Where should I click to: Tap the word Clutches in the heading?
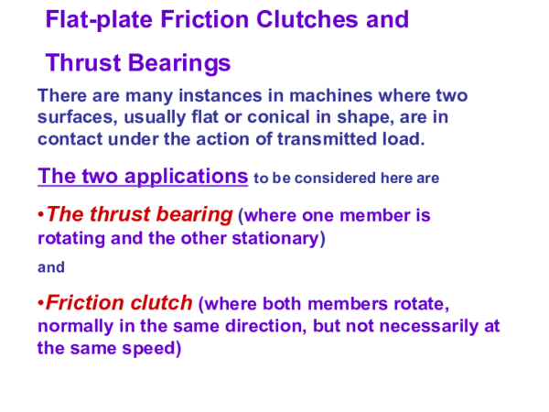coord(296,20)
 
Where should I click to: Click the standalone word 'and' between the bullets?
coord(50,268)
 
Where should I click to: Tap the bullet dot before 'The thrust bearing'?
coord(42,216)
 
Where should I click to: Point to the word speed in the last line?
coord(149,348)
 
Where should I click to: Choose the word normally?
coord(75,326)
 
